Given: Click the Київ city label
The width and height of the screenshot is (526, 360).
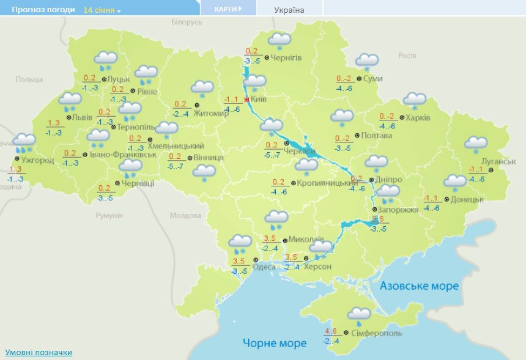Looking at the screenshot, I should coord(259,99).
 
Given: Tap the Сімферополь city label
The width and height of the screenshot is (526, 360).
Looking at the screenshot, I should coord(377,334).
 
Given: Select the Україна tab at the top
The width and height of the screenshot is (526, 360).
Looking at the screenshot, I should coord(289,10).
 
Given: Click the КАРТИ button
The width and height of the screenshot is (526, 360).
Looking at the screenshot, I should coord(228,9).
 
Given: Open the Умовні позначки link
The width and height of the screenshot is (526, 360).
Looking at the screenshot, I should coord(39,353).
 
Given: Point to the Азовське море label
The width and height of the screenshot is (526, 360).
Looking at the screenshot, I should coord(419,286).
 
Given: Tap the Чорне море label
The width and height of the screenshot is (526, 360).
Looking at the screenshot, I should coord(275,343).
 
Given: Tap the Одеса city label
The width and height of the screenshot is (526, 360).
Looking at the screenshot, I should coord(264,266).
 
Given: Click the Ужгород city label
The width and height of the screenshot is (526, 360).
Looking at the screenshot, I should coord(37,161).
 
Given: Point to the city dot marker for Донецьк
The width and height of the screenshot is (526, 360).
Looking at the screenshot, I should coord(446,199).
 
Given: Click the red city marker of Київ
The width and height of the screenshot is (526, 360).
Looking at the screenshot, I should coord(246,99).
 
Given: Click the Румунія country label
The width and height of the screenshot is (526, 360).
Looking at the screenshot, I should coord(109,216).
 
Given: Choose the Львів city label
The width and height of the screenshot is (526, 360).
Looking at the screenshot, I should coord(83,117).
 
